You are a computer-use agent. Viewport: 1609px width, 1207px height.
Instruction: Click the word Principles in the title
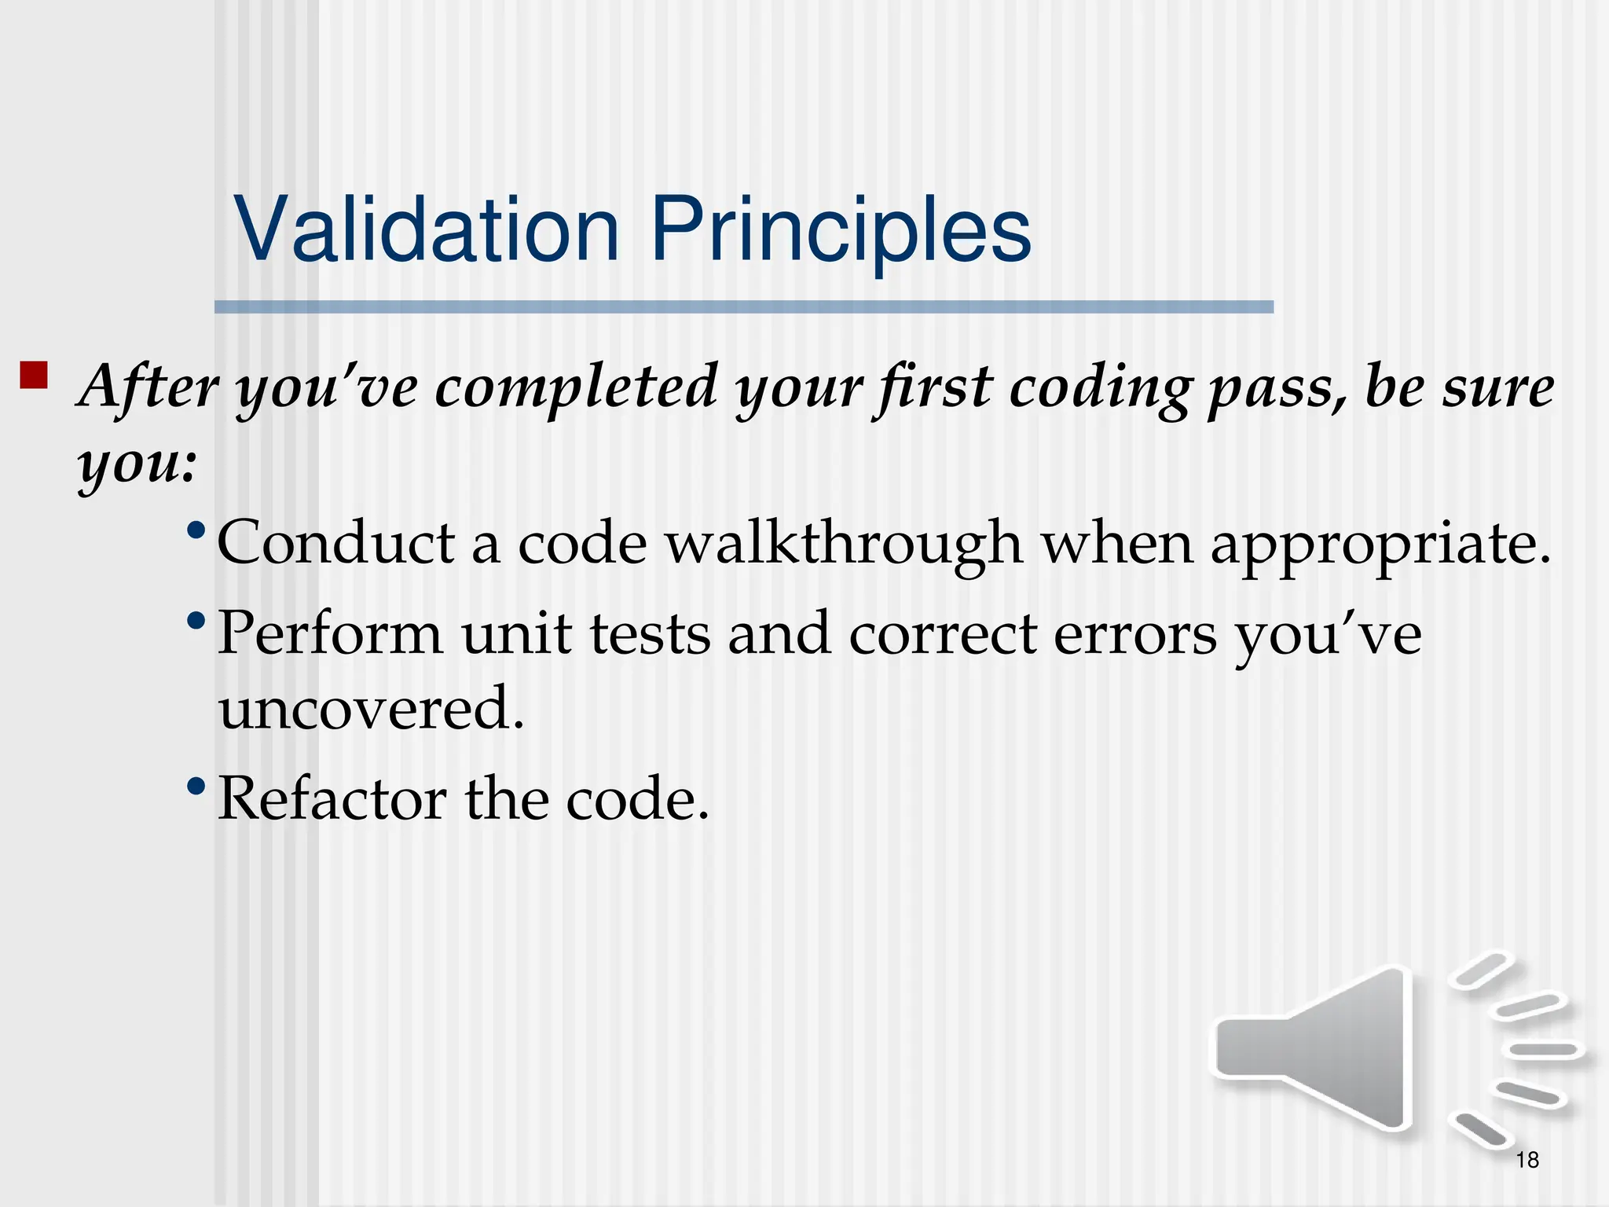(841, 229)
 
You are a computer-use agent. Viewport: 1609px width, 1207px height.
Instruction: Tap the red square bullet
(34, 376)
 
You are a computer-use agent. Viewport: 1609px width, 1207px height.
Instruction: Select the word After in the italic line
(149, 387)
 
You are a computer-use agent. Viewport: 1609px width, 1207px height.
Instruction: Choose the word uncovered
(369, 708)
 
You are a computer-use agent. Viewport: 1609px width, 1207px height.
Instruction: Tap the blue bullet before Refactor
(196, 787)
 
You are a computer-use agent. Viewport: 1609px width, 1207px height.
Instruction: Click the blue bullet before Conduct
(196, 530)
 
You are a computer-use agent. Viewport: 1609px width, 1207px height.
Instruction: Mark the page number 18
(1527, 1160)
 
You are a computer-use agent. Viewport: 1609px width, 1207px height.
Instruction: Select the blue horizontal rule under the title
(743, 307)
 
